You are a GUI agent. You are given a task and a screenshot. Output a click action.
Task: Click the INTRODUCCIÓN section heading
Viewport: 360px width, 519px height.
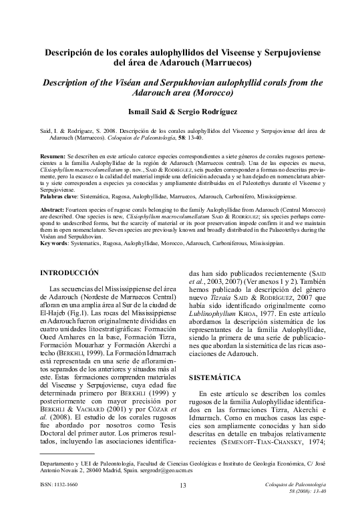pyautogui.click(x=69, y=273)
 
